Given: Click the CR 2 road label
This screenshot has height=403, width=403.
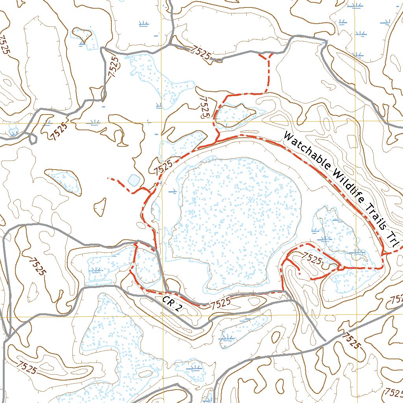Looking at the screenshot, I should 172,303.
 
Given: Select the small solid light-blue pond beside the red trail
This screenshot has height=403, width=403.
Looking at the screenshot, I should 133,180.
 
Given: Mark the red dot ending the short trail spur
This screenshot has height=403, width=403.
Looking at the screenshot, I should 300,272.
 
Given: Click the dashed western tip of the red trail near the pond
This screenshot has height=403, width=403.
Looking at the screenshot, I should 109,178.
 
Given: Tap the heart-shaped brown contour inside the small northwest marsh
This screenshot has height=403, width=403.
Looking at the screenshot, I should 83,36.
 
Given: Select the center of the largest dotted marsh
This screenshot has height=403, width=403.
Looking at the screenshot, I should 236,220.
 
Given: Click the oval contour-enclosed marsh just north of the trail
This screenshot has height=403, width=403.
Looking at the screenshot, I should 235,115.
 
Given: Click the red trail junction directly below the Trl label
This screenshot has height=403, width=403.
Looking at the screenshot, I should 383,255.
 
